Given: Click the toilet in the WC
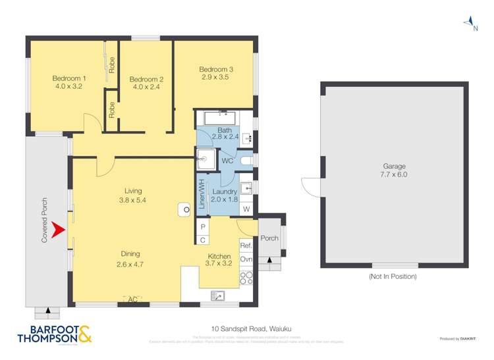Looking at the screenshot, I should pyautogui.click(x=246, y=160).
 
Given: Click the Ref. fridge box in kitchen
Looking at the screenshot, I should pyautogui.click(x=246, y=245).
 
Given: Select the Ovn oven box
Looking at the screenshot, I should pyautogui.click(x=246, y=259).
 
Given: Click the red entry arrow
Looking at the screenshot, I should pyautogui.click(x=58, y=230).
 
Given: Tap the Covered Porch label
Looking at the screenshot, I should pyautogui.click(x=45, y=220).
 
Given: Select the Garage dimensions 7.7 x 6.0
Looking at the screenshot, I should pyautogui.click(x=394, y=175).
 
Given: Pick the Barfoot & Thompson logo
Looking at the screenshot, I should pyautogui.click(x=49, y=334).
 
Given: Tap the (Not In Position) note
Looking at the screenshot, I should pyautogui.click(x=393, y=277).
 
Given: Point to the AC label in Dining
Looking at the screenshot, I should pyautogui.click(x=132, y=299).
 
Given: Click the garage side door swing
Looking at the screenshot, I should pyautogui.click(x=310, y=186).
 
